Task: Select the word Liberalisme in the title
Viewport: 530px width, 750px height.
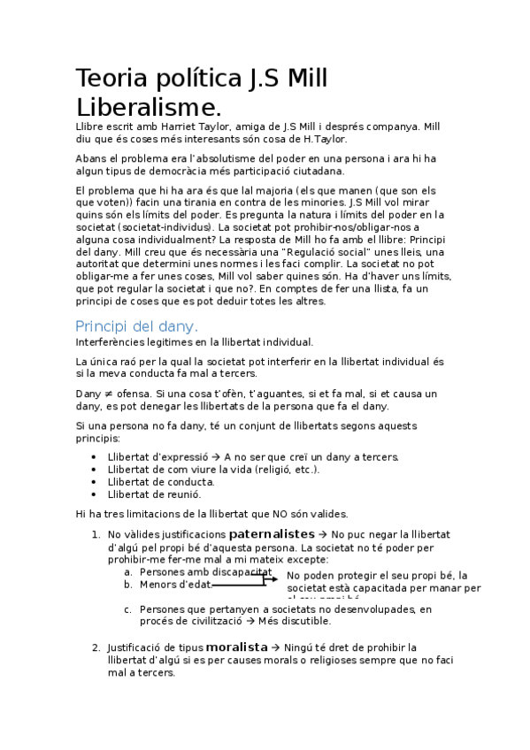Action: (146, 109)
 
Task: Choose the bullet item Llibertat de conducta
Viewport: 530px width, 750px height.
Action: (160, 481)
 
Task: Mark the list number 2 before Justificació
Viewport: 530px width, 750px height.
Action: (96, 647)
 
